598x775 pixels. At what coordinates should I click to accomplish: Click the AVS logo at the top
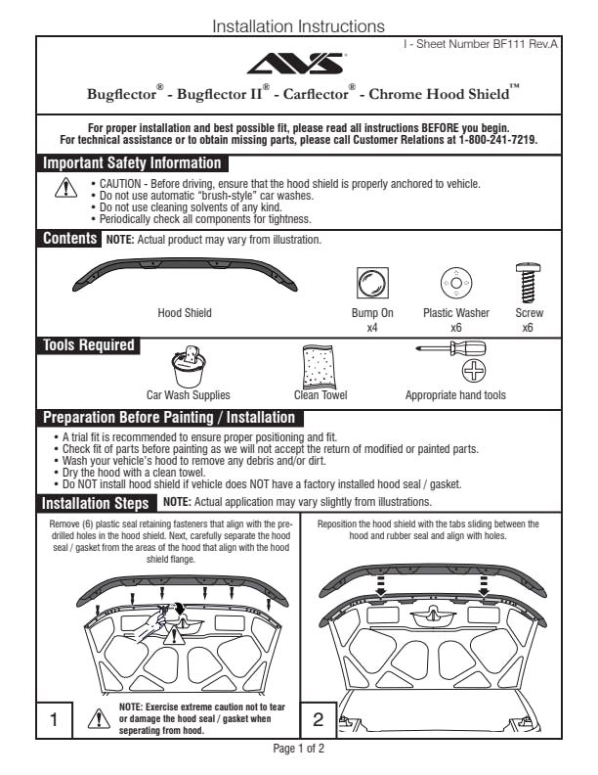[298, 65]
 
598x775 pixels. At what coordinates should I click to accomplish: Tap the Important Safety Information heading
[132, 163]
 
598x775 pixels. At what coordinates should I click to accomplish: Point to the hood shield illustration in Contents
[185, 277]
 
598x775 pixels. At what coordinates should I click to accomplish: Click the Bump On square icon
[372, 284]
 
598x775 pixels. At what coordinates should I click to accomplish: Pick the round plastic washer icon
[455, 284]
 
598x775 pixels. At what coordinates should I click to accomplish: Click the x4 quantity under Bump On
[372, 328]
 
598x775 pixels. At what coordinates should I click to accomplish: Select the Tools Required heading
[88, 345]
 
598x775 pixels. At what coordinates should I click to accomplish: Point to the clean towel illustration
[320, 366]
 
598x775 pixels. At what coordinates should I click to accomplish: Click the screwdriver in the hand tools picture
[451, 347]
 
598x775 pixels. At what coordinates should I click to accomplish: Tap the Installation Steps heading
[96, 503]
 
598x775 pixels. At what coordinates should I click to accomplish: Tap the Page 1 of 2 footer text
[298, 749]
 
